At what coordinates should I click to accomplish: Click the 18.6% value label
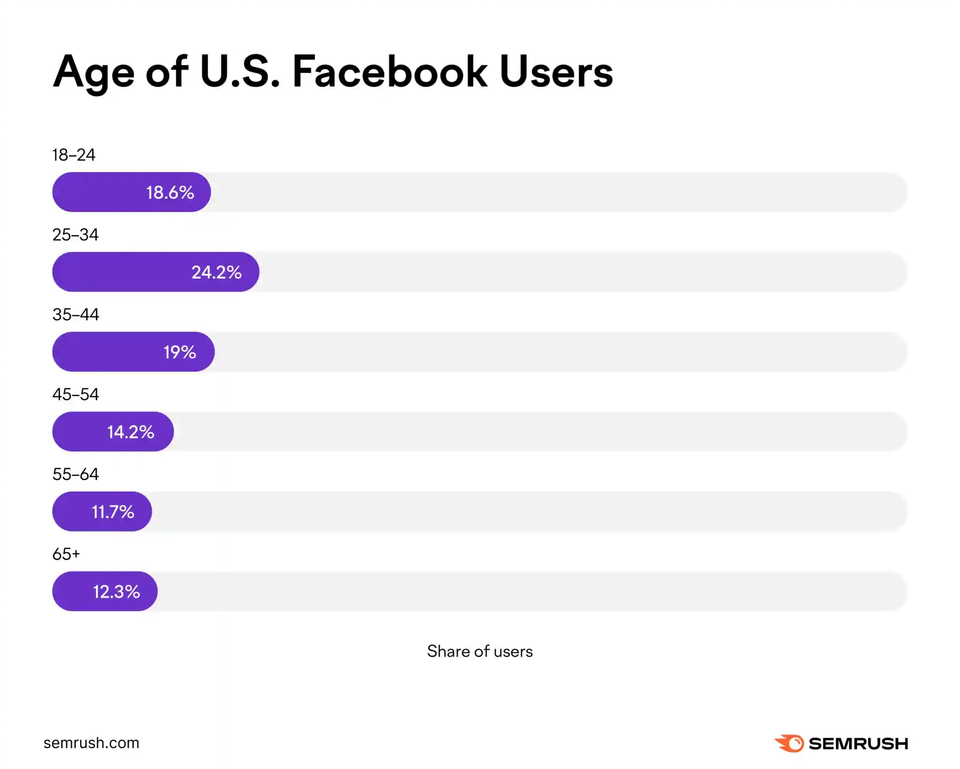(x=170, y=193)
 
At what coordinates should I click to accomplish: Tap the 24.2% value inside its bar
(x=216, y=272)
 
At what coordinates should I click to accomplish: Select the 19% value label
(x=180, y=352)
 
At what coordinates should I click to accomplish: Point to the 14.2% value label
(x=130, y=432)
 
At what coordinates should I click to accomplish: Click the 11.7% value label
(x=112, y=512)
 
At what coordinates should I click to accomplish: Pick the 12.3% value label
(x=116, y=592)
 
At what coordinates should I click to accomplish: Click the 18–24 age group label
(x=74, y=155)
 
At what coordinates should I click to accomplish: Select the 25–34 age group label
(x=75, y=234)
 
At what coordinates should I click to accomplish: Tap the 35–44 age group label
(x=75, y=315)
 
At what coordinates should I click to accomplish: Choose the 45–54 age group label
(x=75, y=394)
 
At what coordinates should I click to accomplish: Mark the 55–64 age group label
(x=75, y=474)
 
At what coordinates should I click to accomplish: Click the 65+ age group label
(x=66, y=554)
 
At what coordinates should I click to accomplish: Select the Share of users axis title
(x=480, y=651)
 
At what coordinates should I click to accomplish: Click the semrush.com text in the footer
(x=91, y=743)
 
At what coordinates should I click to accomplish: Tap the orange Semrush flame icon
(x=790, y=743)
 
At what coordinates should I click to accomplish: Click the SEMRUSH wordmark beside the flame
(x=858, y=744)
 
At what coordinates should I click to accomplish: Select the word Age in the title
(x=94, y=73)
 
